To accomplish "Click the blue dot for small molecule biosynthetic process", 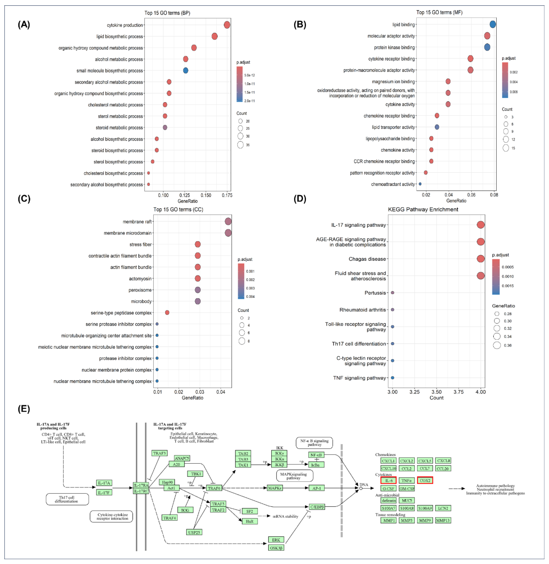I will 186,70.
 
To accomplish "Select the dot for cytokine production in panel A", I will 227,25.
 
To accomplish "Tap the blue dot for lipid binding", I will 493,25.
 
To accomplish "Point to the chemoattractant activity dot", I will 420,184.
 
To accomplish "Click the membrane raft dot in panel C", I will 228,221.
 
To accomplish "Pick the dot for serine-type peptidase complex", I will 167,313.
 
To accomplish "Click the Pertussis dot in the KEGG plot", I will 392,293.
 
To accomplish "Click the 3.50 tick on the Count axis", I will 437,392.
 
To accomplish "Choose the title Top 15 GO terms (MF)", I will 439,12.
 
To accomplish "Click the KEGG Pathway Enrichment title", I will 423,209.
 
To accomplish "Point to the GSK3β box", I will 276,548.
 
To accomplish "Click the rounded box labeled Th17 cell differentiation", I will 67,499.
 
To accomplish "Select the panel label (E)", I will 24,409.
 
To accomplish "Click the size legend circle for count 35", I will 240,145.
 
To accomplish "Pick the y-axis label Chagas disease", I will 367,259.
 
